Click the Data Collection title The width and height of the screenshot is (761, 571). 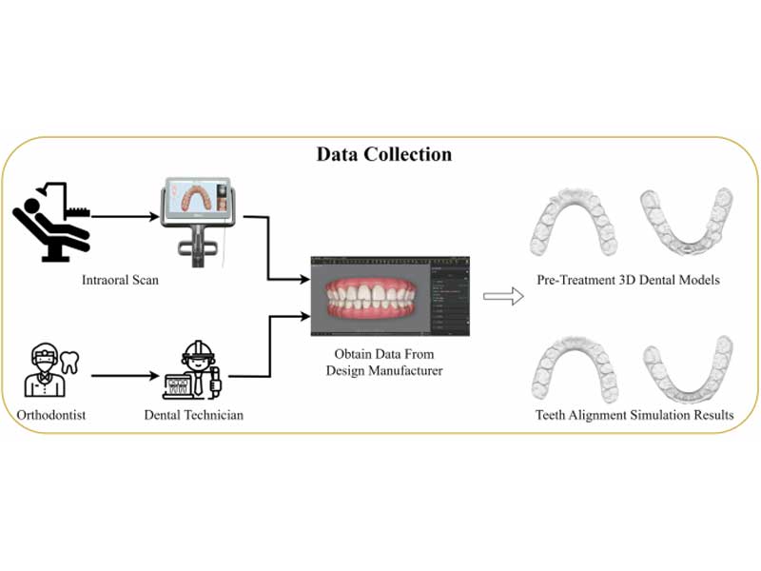383,154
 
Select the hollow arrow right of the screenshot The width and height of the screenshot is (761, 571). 503,297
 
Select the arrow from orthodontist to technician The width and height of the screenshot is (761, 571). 126,375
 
